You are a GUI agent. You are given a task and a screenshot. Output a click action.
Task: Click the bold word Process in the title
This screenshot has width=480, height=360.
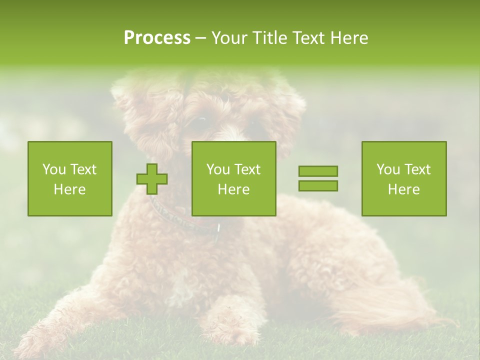coord(157,38)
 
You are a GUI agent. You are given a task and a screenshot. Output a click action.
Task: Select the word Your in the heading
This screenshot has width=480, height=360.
coord(230,38)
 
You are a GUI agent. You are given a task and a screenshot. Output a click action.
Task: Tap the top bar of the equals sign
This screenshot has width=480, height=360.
coord(318,171)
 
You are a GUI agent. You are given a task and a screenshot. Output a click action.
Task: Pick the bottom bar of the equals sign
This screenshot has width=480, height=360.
coord(318,185)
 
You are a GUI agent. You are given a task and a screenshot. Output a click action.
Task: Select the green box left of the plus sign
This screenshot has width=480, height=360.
coord(69,178)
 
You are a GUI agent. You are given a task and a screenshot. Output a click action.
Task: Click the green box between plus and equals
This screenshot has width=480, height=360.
coord(233,178)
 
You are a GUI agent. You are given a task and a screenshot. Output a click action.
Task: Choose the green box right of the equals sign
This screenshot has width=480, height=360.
coord(403,178)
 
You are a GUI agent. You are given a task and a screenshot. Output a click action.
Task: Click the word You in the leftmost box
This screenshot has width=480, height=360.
coord(53,169)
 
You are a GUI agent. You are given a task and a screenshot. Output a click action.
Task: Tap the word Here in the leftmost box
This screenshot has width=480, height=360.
coord(69,189)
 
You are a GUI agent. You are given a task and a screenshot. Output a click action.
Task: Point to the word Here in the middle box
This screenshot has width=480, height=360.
coord(233,189)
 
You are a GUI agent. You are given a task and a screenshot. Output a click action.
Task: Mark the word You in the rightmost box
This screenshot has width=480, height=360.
coord(387,169)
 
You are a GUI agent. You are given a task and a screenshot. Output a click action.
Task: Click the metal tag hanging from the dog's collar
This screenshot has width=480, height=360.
coord(218,228)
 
